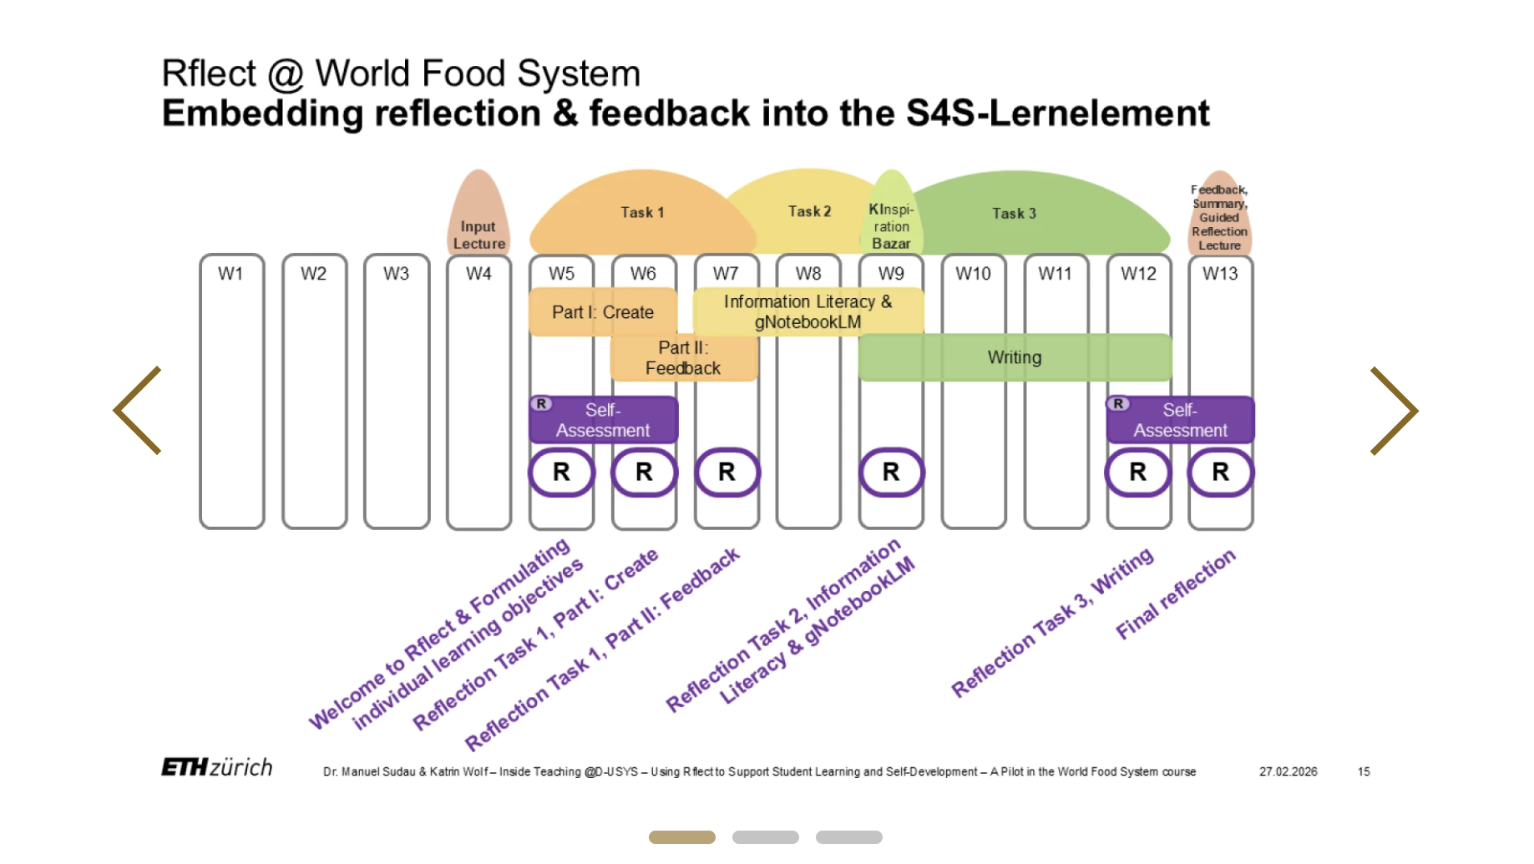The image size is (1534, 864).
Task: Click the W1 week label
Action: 230,273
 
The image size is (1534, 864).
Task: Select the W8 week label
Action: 808,273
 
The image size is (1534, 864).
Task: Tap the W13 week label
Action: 1220,273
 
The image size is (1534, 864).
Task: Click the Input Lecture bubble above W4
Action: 479,212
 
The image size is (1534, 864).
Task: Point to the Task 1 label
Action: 642,212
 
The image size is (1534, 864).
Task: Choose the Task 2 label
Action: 809,211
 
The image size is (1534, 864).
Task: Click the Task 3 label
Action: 1014,214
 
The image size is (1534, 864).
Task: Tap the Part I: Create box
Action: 603,312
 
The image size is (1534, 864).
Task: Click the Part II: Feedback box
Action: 684,358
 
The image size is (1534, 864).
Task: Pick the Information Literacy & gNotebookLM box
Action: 808,311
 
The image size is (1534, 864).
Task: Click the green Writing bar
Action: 1015,357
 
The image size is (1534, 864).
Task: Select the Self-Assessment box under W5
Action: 603,420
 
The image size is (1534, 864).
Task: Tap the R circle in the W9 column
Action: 891,472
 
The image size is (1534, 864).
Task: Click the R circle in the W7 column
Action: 726,472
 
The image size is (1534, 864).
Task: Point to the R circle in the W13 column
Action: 1221,472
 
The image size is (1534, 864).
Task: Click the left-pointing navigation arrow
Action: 137,410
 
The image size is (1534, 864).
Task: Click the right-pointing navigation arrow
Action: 1395,410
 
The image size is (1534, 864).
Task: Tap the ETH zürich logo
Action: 217,767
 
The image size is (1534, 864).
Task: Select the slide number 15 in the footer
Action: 1364,771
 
